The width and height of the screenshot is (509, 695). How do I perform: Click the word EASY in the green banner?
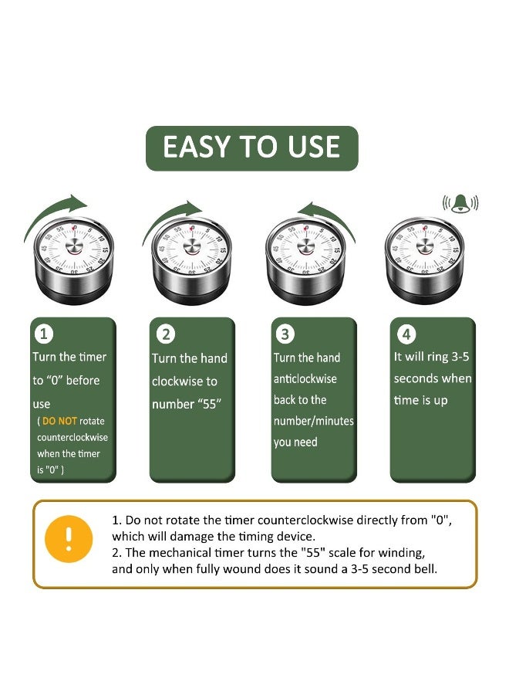(x=197, y=147)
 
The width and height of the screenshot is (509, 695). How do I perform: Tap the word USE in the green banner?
(x=314, y=147)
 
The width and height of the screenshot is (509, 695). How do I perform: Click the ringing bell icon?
(x=460, y=203)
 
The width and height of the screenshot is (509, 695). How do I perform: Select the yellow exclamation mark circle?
(x=69, y=538)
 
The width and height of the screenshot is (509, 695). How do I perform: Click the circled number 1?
(x=43, y=334)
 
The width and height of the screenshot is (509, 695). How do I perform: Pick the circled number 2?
(x=166, y=334)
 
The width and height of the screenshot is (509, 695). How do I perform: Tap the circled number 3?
(x=285, y=334)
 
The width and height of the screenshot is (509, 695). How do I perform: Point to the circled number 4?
(x=406, y=334)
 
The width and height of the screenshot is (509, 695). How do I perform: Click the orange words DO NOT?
(x=59, y=421)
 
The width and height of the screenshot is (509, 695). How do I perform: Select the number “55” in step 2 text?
(x=209, y=404)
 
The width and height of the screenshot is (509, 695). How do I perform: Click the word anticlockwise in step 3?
(x=305, y=379)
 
